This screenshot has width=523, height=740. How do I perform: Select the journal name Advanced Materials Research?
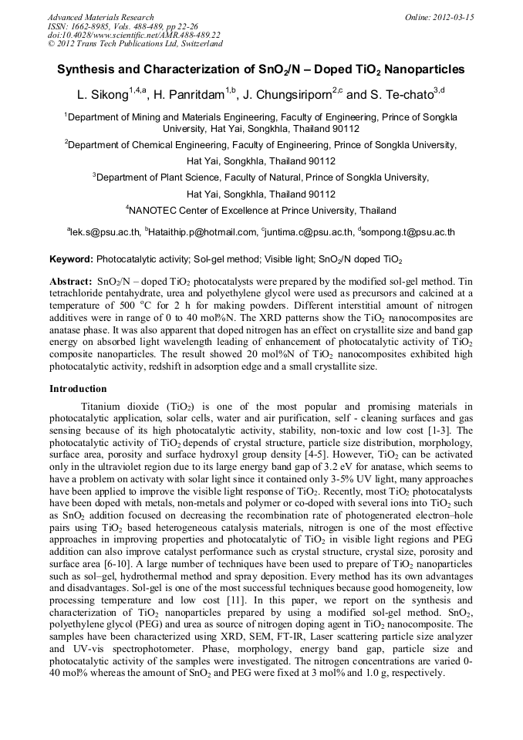click(100, 17)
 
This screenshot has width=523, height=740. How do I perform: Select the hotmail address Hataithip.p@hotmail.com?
click(203, 231)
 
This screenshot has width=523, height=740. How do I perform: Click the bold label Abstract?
click(71, 282)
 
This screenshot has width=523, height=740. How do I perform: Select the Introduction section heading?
click(78, 389)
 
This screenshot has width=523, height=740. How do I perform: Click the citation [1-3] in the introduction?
click(444, 430)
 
